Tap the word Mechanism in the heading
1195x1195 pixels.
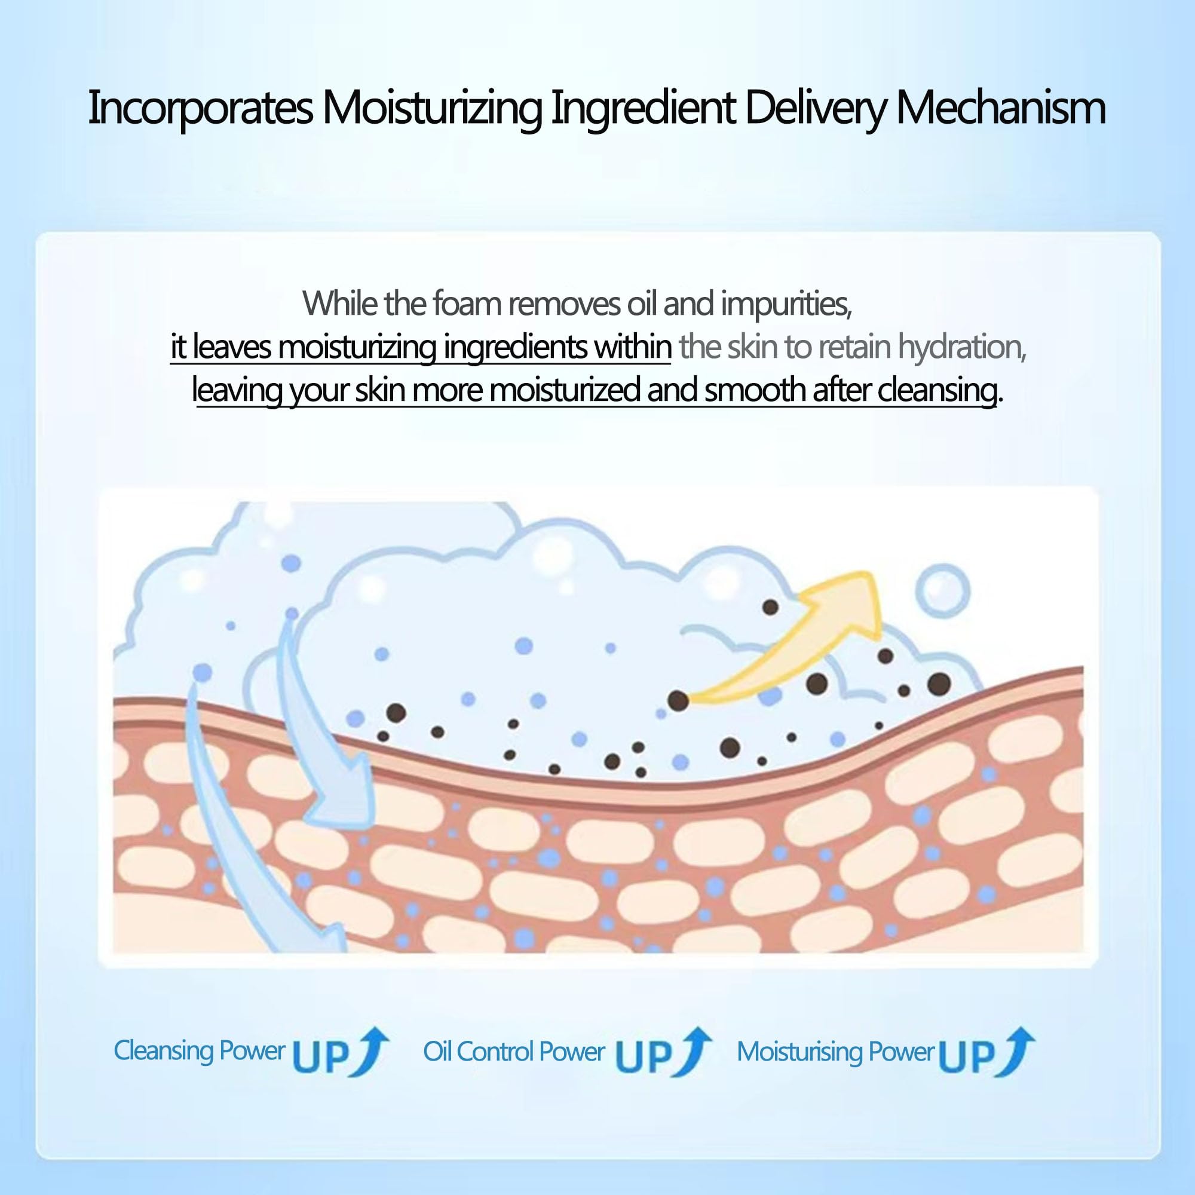point(1000,108)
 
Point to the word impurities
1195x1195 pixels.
point(786,304)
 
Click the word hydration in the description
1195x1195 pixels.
point(962,347)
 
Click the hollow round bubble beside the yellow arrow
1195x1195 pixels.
point(942,591)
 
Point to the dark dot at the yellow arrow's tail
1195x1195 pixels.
point(679,701)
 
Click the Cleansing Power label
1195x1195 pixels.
point(199,1051)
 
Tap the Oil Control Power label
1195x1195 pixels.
point(513,1052)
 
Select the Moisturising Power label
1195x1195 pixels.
point(835,1052)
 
